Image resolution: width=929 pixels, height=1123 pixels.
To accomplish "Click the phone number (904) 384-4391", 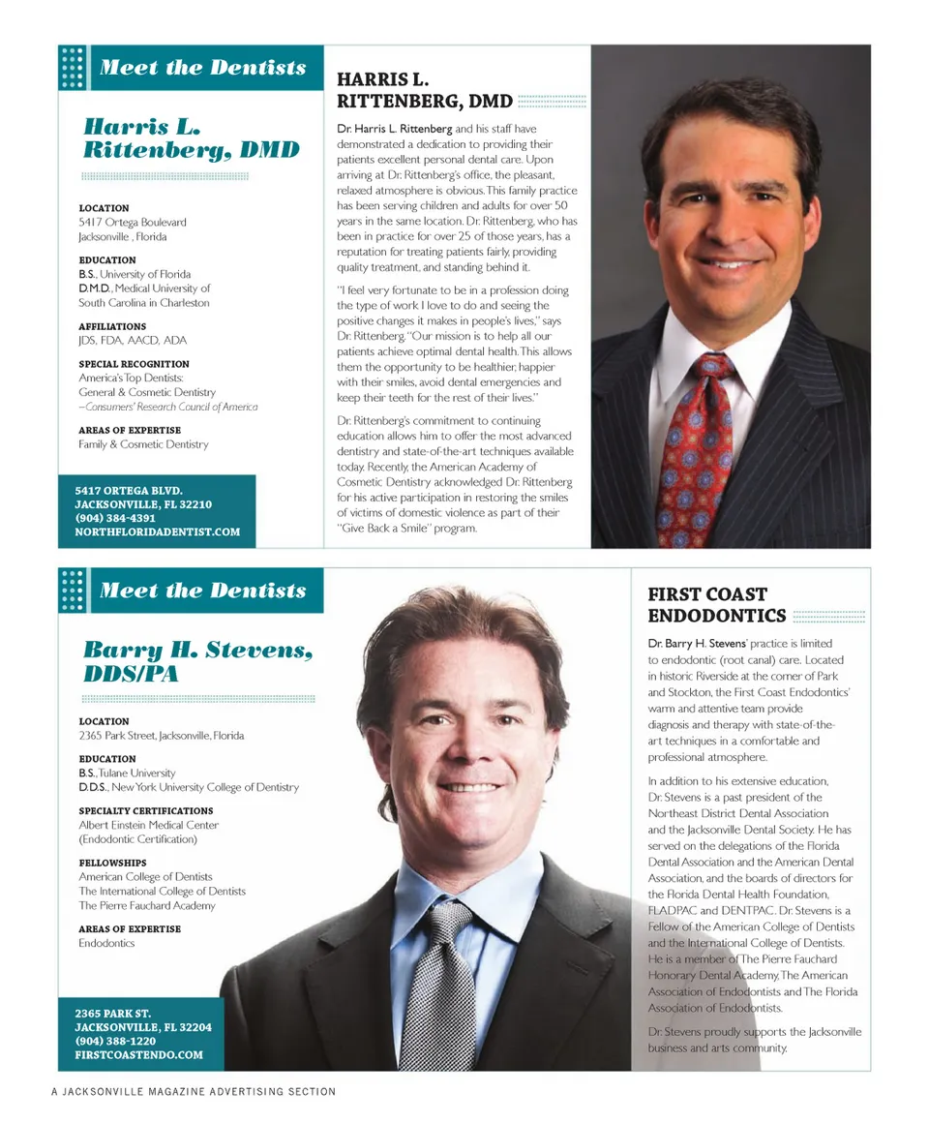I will pos(115,518).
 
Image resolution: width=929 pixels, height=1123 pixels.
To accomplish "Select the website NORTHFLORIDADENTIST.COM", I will pos(157,531).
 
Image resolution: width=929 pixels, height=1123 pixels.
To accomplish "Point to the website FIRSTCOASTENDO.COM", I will pos(138,1054).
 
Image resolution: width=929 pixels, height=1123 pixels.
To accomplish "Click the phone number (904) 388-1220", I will pos(115,1041).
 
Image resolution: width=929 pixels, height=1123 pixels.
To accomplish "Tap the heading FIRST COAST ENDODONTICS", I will pos(716,605).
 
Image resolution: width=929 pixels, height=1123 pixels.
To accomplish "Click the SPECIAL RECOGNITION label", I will pos(134,364).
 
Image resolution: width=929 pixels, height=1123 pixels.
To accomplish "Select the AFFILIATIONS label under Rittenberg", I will pos(112,326).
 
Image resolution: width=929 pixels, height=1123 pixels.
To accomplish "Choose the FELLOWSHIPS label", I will pos(112,863).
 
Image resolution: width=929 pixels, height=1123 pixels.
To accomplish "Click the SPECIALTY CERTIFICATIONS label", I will pos(146,810).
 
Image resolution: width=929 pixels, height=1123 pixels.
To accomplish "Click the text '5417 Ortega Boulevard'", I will pos(133,222).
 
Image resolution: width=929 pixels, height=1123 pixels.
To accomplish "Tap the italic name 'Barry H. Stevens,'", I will pos(197,649).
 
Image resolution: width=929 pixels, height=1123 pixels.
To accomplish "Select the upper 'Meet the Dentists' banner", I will pos(202,68).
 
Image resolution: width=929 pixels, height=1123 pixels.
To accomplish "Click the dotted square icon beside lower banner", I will pos(73,591).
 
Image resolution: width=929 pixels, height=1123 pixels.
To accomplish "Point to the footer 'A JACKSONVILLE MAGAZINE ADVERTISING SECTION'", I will pos(194,1091).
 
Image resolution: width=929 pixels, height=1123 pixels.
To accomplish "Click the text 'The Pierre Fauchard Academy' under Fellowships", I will pos(147,905).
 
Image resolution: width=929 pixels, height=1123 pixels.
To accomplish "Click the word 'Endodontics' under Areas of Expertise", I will pos(106,943).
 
